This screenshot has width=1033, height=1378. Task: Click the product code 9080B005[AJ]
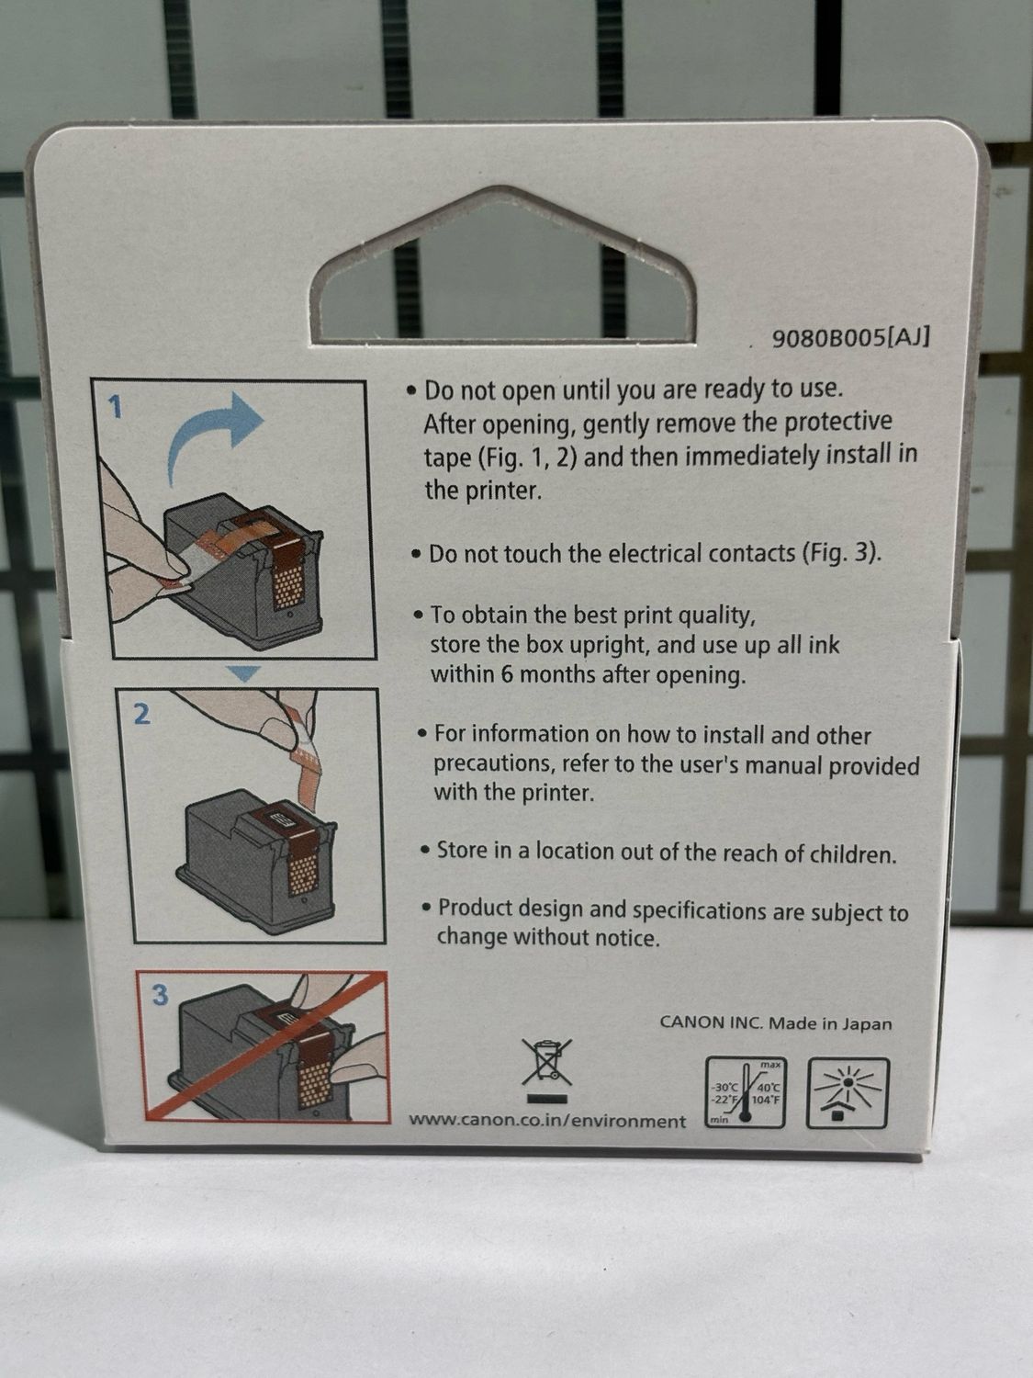click(850, 338)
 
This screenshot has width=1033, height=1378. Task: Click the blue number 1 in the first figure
click(115, 409)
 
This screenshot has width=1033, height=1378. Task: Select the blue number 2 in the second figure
click(142, 714)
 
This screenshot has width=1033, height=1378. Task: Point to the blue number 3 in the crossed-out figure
click(161, 995)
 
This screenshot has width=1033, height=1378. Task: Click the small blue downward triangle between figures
click(243, 673)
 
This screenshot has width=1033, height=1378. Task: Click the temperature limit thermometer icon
click(746, 1092)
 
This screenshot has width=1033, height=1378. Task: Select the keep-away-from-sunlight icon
click(848, 1092)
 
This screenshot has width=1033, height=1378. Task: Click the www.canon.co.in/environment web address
click(547, 1122)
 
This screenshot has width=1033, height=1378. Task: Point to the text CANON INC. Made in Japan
click(776, 1024)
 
